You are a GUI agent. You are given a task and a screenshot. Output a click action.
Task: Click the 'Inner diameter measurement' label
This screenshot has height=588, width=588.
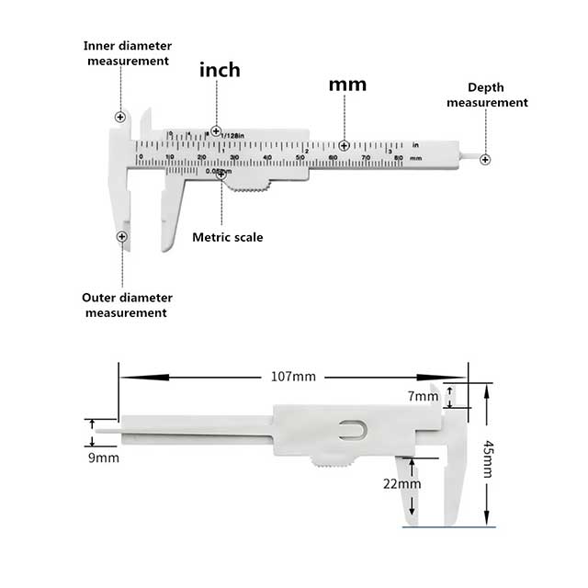tap(128, 52)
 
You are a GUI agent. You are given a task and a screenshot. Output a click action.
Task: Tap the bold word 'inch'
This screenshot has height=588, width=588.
tap(220, 70)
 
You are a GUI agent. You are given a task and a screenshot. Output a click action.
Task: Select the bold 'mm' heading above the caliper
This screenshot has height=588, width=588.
tap(347, 84)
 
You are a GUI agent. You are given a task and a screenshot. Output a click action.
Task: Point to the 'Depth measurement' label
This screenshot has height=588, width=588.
tap(487, 95)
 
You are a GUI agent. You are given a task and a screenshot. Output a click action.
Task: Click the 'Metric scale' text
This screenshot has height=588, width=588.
tap(227, 237)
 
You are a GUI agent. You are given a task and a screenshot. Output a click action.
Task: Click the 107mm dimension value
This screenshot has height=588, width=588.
tap(293, 377)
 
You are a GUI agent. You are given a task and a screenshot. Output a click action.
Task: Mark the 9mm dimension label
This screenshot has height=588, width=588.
tap(104, 458)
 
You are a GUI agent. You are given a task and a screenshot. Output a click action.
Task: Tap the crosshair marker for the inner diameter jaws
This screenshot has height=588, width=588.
tap(120, 118)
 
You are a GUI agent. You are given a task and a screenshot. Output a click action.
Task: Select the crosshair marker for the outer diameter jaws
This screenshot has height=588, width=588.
tap(121, 237)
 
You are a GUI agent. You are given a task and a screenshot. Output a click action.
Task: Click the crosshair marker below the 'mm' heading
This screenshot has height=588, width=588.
tap(344, 146)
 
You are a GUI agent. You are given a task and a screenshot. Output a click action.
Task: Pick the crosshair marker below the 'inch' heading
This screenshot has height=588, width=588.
tap(216, 131)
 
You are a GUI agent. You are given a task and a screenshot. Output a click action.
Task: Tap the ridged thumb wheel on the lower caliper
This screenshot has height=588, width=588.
tap(331, 463)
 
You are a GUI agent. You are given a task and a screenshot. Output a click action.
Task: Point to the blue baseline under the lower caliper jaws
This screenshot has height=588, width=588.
tap(449, 527)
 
